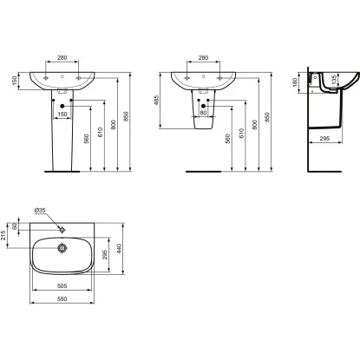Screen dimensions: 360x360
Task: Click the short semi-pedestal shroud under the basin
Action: tap(203, 117)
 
